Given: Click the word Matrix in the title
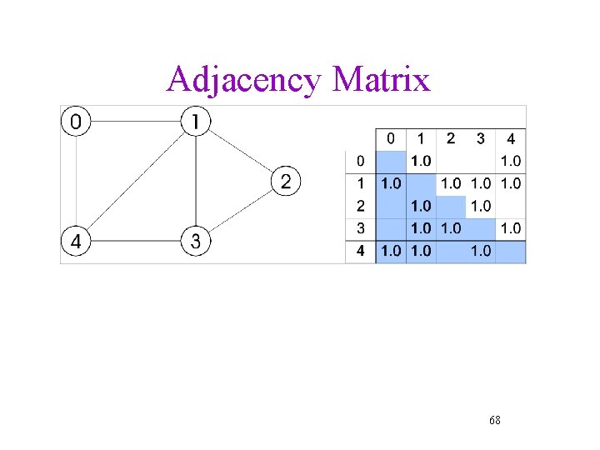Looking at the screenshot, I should pos(381,80).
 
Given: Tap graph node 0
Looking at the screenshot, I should pos(75,122).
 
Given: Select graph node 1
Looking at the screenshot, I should pos(195,122).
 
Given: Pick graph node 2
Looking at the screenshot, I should pos(285,182).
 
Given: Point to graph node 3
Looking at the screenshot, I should pos(195,242).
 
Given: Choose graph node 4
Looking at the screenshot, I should pos(75,242).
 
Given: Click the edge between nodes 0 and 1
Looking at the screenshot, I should pos(135,122).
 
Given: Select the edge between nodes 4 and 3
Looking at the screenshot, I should pos(135,242).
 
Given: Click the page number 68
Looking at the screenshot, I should pos(495,420).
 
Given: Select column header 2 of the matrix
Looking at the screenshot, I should pos(451,138).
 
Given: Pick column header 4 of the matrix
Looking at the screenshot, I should pos(511,138).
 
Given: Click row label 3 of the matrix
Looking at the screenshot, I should pos(360,227).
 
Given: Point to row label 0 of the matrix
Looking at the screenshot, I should pos(360,161).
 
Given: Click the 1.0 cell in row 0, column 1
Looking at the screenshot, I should pos(421,161).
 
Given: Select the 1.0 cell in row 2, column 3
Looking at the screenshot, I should pos(481,206).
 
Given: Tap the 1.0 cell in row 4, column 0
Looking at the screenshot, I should pos(390,251).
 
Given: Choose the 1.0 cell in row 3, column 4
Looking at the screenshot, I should pos(511,227).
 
